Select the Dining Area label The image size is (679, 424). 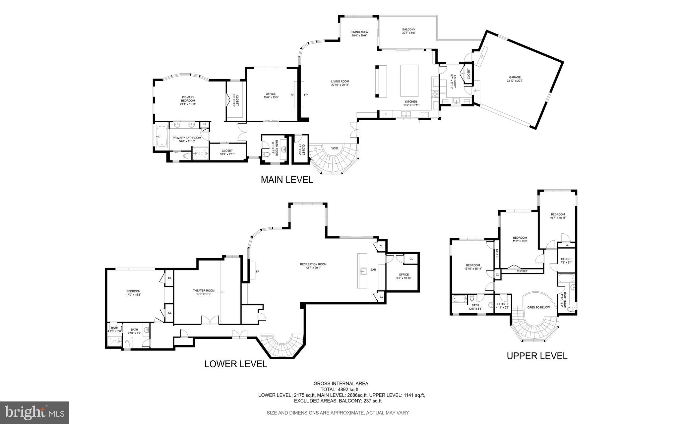point(359,32)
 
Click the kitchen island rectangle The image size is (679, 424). point(409,81)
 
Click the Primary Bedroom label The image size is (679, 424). point(188,99)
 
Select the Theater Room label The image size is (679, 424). point(204,291)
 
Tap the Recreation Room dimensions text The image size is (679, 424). point(313,268)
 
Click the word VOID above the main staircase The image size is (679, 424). point(335,148)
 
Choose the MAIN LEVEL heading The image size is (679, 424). point(287,180)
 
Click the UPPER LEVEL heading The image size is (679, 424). point(537,356)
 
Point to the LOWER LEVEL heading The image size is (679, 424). point(235,364)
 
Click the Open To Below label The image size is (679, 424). point(538,307)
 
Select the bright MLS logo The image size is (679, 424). point(34,413)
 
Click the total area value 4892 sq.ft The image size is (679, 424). point(348,390)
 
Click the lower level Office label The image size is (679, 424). point(403,274)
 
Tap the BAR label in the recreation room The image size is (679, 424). point(373,270)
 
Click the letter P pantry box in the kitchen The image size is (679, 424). point(386,114)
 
